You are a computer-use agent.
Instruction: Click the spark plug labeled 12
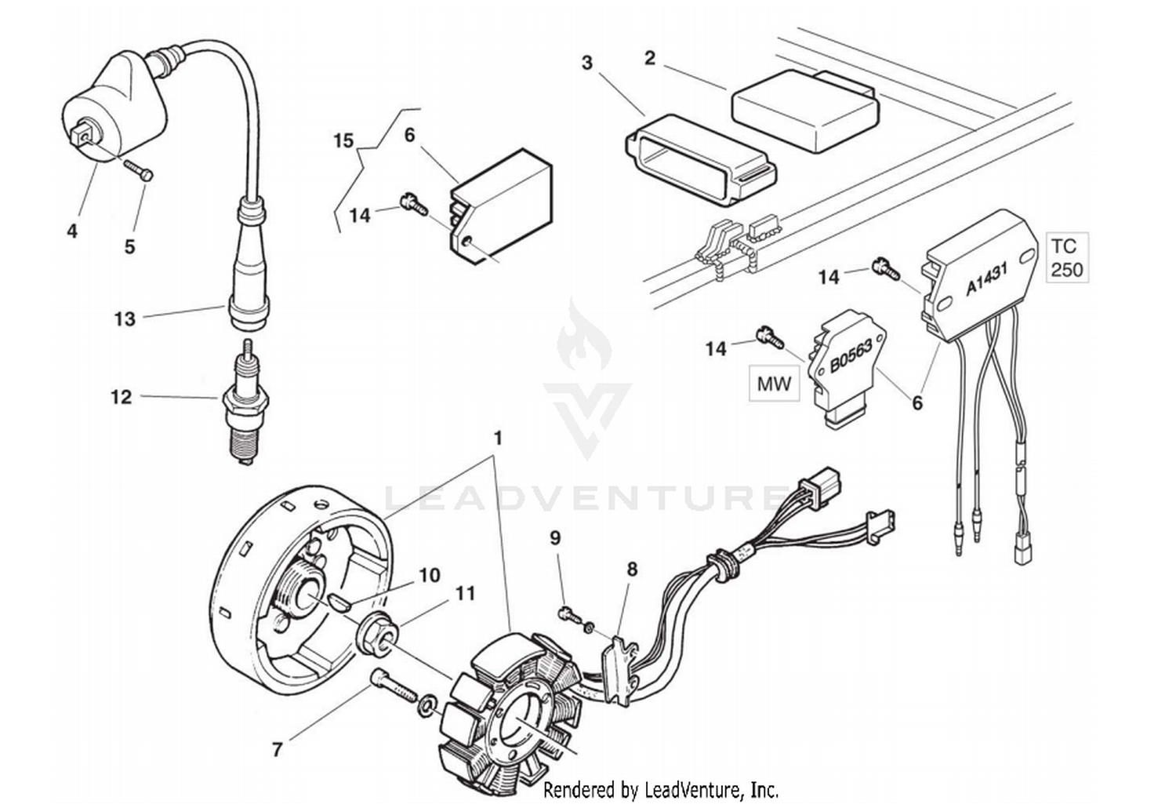tap(245, 408)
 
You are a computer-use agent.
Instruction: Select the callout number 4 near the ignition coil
tap(72, 231)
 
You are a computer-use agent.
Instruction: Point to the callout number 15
tap(343, 141)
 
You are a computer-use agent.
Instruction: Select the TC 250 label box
tap(1066, 257)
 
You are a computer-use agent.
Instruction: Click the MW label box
tap(774, 384)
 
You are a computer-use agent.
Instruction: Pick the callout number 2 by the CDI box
tap(649, 58)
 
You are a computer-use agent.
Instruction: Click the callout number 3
tap(587, 62)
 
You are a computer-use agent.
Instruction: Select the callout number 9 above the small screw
tap(555, 538)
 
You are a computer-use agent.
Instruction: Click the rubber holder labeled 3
tap(698, 161)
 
